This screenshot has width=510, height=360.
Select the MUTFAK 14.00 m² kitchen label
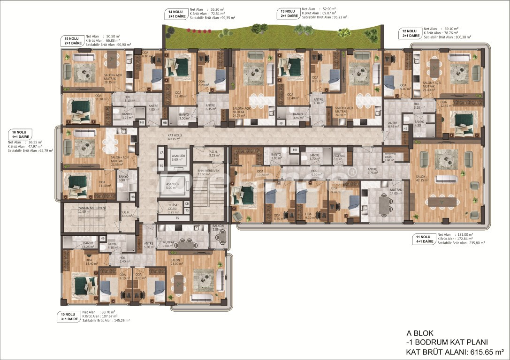[383, 191]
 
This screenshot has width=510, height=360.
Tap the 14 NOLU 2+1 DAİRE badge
[175, 14]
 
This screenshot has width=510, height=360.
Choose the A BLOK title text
[420, 333]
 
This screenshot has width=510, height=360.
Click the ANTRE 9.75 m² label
[373, 171]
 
